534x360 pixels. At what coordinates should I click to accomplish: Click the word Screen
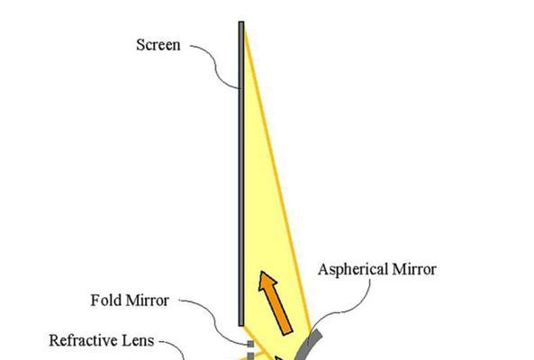[x=158, y=45]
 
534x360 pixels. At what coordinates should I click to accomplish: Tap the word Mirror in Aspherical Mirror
[x=414, y=269]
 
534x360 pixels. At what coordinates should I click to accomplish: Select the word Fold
[x=106, y=300]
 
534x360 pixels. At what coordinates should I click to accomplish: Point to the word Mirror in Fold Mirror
[x=147, y=301]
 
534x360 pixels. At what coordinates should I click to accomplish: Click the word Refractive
[x=83, y=340]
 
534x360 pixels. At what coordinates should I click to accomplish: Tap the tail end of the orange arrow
[x=288, y=332]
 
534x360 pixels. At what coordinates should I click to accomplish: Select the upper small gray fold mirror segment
[x=250, y=344]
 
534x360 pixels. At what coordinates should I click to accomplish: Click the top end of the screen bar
[x=241, y=22]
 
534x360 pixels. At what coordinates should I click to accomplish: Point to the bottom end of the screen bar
[x=241, y=326]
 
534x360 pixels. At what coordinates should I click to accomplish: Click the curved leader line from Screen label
[x=215, y=66]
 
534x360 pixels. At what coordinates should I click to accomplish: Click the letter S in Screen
[x=140, y=45]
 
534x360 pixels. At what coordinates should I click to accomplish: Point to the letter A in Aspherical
[x=323, y=269]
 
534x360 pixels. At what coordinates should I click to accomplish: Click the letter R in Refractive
[x=53, y=340]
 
